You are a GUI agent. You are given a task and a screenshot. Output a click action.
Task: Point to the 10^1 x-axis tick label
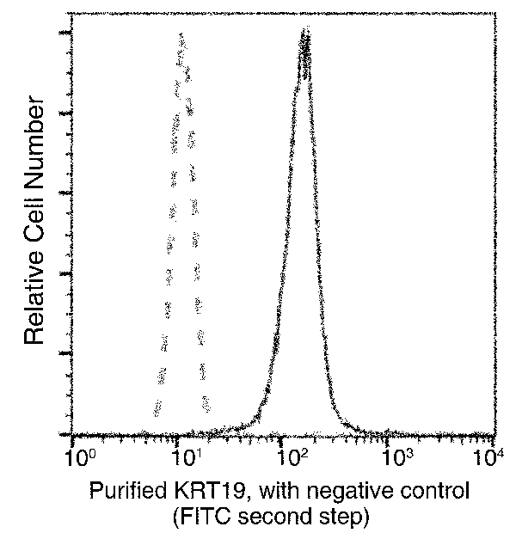point(181,455)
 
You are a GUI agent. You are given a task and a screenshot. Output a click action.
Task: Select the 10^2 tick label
point(286,455)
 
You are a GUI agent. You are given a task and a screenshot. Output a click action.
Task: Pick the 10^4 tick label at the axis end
point(493,455)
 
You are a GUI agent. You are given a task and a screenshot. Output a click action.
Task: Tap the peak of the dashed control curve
point(181,36)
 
